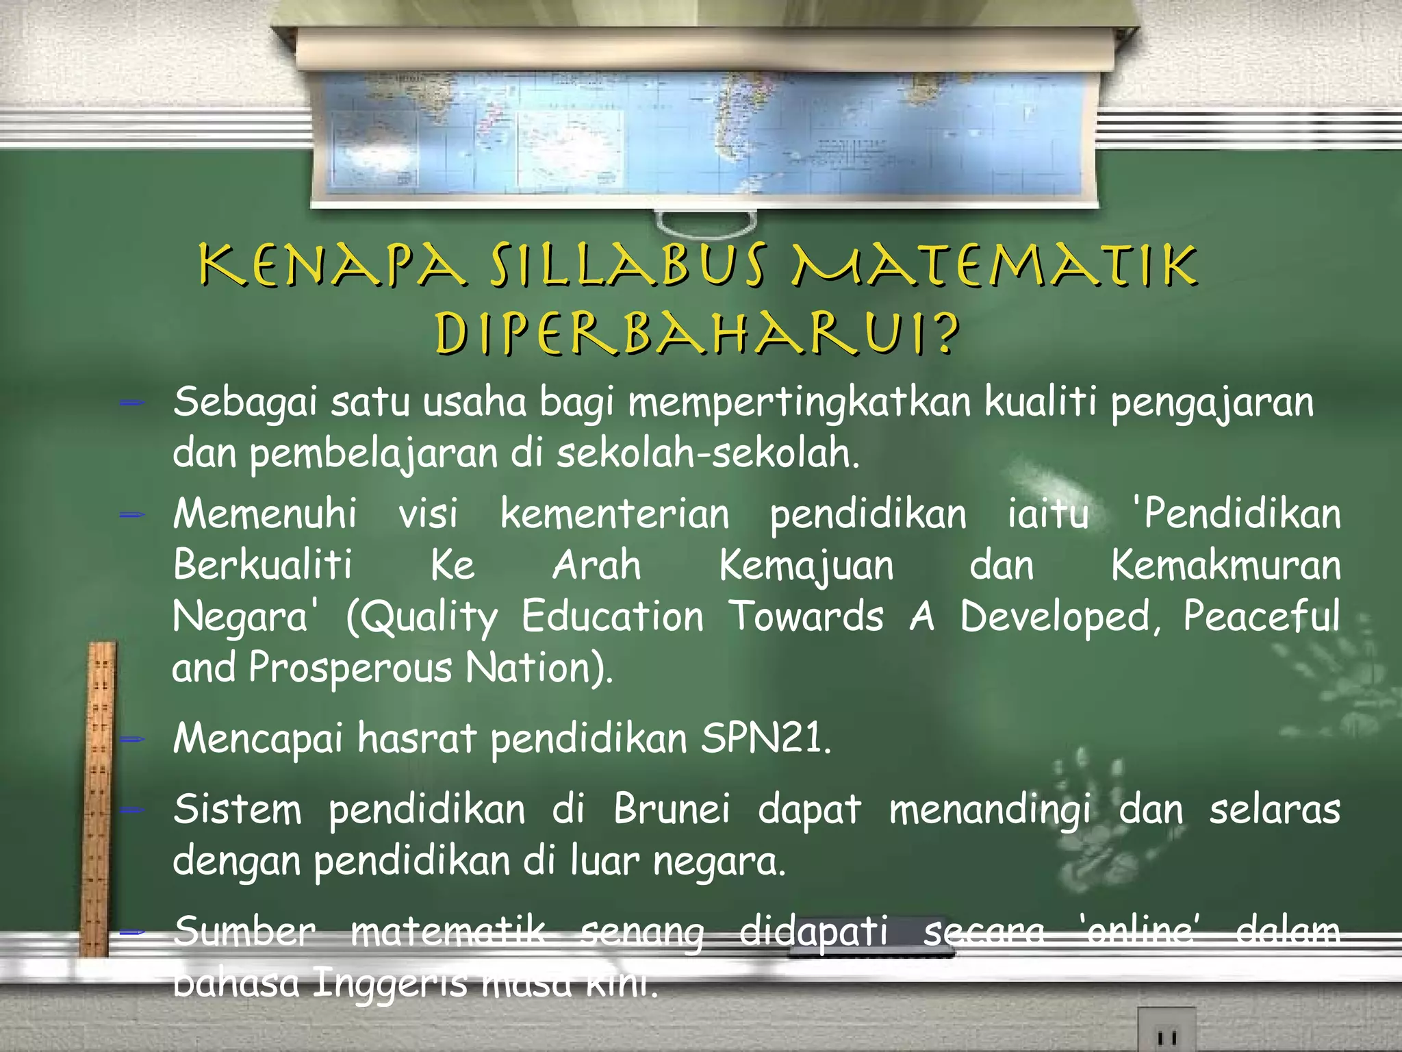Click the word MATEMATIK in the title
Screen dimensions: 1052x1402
tap(994, 266)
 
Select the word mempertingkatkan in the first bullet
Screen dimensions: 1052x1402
tap(799, 403)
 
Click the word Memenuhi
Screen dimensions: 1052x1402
tap(264, 514)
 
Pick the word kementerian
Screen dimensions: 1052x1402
tap(614, 514)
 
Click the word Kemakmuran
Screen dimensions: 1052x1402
tap(1225, 566)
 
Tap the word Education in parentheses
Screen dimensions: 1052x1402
tap(612, 616)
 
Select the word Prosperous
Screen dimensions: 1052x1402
tap(349, 668)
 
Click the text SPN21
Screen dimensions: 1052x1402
tap(765, 739)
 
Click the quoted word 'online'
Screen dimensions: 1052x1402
tap(1140, 931)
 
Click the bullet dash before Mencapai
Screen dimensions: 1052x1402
tap(131, 740)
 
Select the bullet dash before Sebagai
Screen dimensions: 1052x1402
tap(131, 404)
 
